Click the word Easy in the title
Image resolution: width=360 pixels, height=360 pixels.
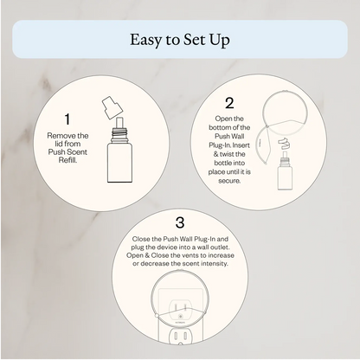(147, 40)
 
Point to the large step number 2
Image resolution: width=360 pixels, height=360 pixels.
(229, 104)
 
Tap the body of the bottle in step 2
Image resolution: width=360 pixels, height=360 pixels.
(281, 181)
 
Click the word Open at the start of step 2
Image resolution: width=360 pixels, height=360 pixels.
(222, 118)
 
